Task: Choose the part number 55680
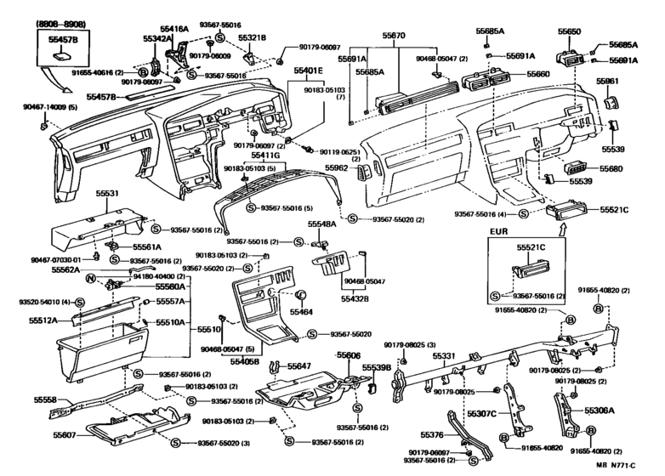pos(612,169)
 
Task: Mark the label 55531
pos(107,195)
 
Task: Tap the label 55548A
pos(321,224)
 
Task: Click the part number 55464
pos(301,312)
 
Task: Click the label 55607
pos(44,436)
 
